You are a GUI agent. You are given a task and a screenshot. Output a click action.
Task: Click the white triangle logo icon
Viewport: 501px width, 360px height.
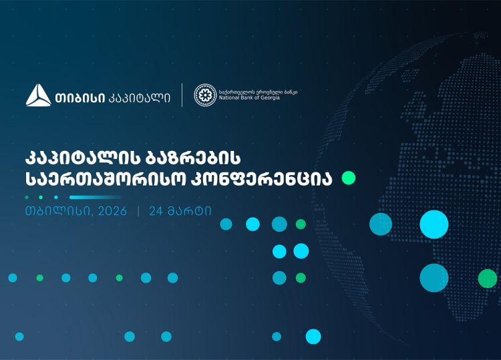point(38,96)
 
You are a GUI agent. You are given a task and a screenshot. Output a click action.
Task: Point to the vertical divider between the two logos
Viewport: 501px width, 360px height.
point(182,95)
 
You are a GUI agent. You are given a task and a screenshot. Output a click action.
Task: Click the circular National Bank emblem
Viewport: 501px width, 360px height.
point(204,95)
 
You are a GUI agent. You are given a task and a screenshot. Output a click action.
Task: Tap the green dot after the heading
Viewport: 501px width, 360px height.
point(349,178)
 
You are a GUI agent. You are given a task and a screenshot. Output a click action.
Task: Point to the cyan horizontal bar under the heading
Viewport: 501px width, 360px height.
point(95,197)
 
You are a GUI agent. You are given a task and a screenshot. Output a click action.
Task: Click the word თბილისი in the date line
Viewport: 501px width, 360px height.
point(50,212)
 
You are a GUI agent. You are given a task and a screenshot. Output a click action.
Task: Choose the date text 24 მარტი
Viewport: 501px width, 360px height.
point(180,212)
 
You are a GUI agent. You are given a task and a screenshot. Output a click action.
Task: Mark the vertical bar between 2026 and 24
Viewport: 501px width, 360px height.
point(138,212)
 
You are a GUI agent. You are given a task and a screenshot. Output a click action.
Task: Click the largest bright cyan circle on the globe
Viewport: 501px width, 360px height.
point(434,224)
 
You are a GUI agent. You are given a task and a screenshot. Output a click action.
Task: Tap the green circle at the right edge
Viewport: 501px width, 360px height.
point(488,278)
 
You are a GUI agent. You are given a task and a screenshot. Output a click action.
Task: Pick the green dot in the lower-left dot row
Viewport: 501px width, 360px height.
point(119,278)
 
